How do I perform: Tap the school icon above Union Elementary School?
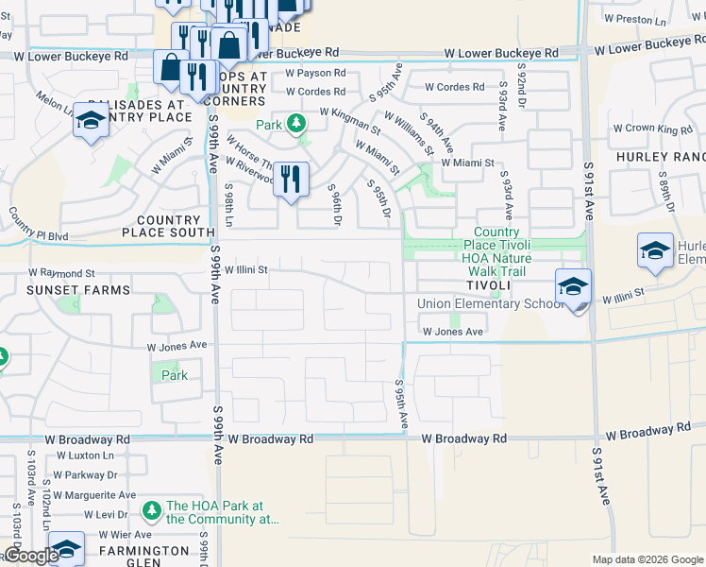pos(573,284)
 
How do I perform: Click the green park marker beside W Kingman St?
pos(296,124)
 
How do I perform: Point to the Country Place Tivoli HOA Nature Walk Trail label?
pos(496,251)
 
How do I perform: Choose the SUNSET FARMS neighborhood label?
pos(65,290)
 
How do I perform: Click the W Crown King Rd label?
pos(652,129)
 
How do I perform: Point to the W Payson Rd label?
pos(315,73)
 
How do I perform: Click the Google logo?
pos(31,556)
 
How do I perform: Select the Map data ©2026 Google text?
pos(647,559)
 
